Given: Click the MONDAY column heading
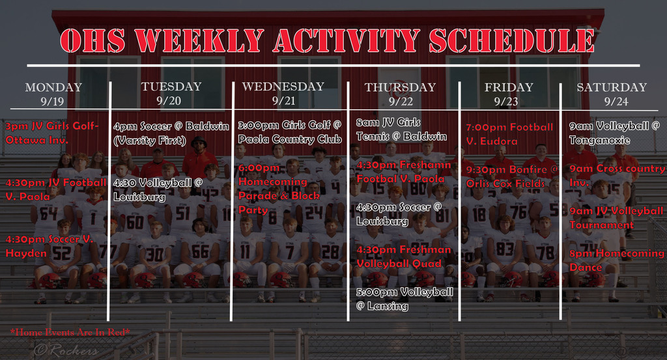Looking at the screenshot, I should click(x=53, y=87).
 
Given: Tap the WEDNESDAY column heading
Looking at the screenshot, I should click(x=283, y=87).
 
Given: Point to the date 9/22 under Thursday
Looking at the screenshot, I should click(x=401, y=101).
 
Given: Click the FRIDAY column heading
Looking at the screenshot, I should click(x=509, y=87).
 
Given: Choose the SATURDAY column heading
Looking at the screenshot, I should click(x=612, y=87).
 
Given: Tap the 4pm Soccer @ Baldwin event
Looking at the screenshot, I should click(x=171, y=133).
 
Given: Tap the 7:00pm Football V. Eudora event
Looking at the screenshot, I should click(x=509, y=133).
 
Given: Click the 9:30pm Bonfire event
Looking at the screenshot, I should click(x=511, y=176).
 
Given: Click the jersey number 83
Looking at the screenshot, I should click(x=504, y=249).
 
